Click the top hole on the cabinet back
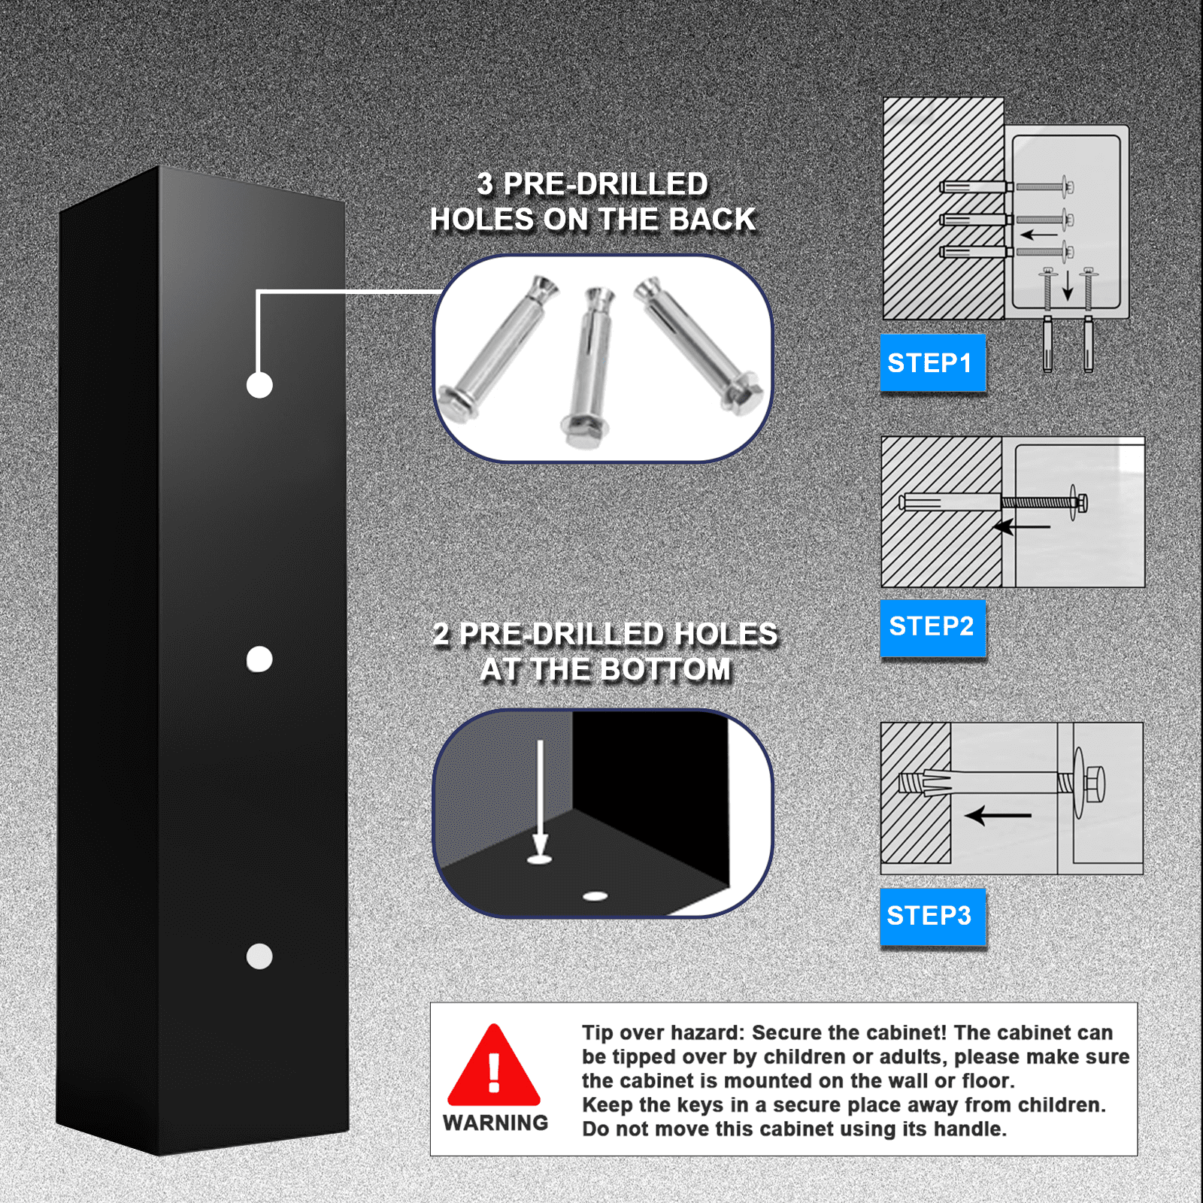(x=259, y=385)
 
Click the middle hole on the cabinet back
(x=259, y=659)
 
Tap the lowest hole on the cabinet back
(x=259, y=956)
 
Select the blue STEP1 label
(x=932, y=362)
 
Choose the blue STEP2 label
(x=932, y=627)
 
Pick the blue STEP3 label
(x=932, y=917)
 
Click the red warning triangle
(x=494, y=1065)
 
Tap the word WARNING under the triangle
(x=495, y=1123)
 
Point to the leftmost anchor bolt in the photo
(x=498, y=347)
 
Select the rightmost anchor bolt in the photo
(x=698, y=345)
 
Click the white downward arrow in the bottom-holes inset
(x=540, y=798)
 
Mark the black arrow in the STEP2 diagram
(x=1022, y=526)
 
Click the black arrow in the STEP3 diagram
(x=998, y=815)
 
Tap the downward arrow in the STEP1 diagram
(x=1067, y=285)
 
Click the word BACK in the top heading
(x=712, y=220)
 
